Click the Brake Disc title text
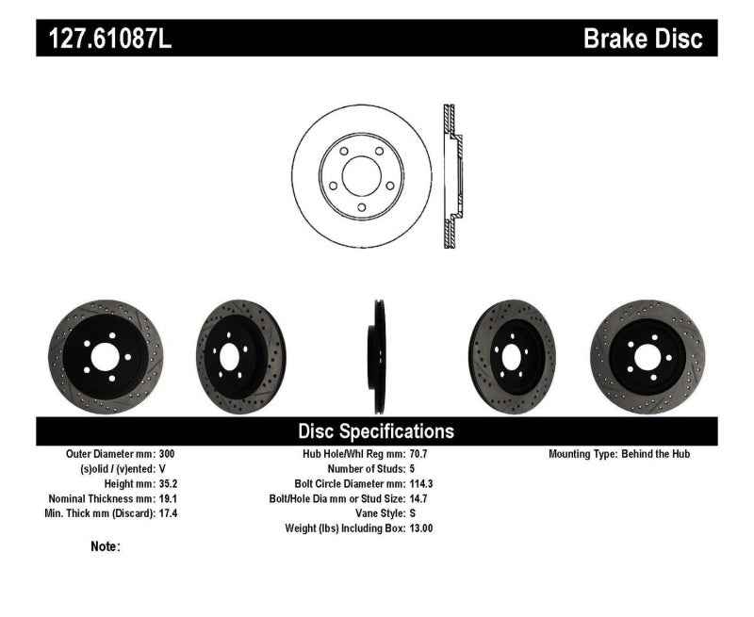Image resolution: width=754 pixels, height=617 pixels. point(643,38)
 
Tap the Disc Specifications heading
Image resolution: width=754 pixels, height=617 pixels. point(376,431)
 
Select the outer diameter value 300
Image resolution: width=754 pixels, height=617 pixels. point(167,454)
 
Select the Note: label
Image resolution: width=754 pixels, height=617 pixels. point(105,545)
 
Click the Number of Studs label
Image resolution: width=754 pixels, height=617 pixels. point(366,469)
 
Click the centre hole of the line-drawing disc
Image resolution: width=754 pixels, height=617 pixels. point(360,176)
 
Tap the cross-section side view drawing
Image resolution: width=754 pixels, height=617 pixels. point(451,176)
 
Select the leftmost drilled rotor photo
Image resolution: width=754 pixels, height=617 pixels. point(101,356)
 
